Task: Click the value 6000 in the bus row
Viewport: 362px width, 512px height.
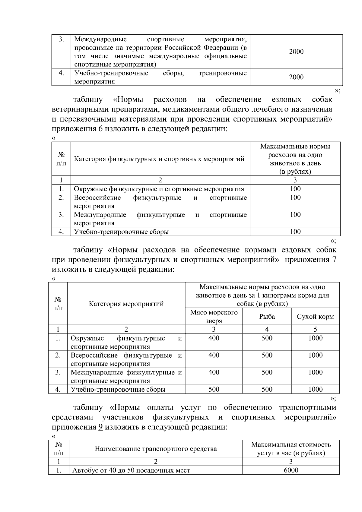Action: (291, 470)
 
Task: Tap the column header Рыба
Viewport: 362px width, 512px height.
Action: (267, 316)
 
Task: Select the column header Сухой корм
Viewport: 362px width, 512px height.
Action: (315, 316)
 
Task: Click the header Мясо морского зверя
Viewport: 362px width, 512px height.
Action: (214, 316)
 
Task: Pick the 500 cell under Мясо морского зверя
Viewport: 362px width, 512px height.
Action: (214, 389)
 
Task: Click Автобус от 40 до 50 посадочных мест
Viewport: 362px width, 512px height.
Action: (131, 470)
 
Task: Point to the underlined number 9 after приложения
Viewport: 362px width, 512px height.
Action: (101, 427)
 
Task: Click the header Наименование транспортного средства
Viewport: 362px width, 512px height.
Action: (156, 449)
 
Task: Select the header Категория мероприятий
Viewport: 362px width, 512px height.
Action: (126, 304)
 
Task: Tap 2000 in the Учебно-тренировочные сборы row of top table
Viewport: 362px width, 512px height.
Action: (296, 77)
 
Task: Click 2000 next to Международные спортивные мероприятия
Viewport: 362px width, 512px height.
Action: (296, 52)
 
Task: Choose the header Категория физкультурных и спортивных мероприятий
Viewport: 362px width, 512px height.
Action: (159, 159)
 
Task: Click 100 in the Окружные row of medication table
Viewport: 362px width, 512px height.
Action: (295, 189)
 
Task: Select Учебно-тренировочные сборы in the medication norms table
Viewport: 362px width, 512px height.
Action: (121, 232)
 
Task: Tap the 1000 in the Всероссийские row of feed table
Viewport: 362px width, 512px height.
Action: (315, 355)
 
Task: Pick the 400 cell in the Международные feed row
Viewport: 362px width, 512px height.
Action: (214, 372)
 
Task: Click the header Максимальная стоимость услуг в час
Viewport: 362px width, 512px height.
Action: (291, 449)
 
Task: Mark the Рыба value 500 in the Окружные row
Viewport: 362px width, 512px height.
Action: (267, 338)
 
